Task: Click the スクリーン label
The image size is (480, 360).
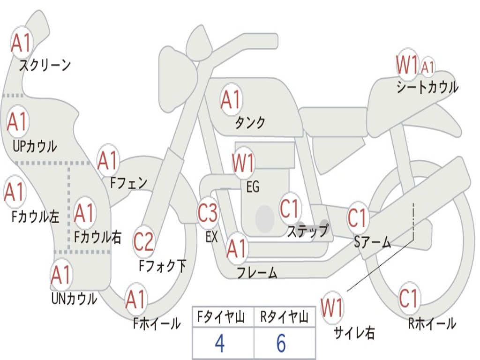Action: point(45,65)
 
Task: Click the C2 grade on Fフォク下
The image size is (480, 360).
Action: point(143,242)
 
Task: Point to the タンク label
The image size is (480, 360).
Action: point(250,122)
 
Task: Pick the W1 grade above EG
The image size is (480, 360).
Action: point(243,164)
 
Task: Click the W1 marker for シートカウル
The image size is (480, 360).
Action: point(406,65)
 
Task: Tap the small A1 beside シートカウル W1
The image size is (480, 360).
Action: point(427,67)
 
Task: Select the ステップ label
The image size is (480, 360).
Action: point(307,231)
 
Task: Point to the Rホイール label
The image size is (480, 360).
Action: point(432,323)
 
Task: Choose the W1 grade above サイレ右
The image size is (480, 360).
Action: point(332,308)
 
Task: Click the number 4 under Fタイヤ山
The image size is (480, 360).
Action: point(219,344)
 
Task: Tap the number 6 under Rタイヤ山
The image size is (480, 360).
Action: point(281,344)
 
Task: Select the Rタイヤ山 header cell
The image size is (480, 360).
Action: point(284,318)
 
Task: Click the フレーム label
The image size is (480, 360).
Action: point(257,272)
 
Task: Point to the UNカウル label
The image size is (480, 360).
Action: point(74,298)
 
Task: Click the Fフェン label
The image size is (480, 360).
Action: point(128,182)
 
